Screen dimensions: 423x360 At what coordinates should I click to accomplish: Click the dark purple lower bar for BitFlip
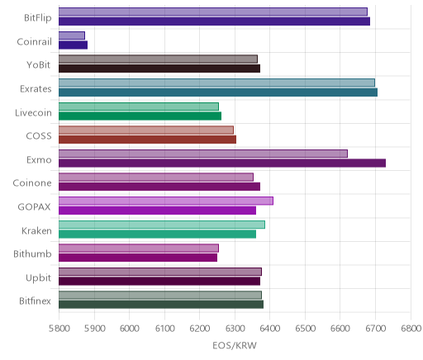(214, 21)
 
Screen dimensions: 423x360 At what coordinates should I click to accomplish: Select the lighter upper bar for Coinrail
(72, 36)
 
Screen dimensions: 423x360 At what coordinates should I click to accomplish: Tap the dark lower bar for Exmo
(222, 163)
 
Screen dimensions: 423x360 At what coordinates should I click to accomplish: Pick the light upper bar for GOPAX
(166, 201)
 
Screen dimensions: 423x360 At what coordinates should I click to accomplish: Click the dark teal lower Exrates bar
(218, 92)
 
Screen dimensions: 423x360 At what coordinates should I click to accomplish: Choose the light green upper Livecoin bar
(139, 107)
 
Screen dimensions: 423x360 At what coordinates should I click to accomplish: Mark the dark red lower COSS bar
(147, 140)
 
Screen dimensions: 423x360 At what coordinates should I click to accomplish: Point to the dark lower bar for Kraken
(157, 234)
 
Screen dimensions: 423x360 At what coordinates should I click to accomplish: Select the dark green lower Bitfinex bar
(161, 305)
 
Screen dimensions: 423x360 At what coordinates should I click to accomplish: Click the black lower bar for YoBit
(159, 69)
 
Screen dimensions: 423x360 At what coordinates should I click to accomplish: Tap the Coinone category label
(32, 183)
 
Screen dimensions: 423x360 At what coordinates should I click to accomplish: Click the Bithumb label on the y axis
(32, 253)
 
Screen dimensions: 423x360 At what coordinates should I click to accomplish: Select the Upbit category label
(38, 278)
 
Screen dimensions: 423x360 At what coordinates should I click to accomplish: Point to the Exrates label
(36, 89)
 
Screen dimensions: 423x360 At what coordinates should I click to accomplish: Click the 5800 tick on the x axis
(59, 329)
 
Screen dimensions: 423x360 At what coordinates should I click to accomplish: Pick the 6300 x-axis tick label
(235, 329)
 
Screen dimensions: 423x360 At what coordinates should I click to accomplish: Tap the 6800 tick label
(411, 329)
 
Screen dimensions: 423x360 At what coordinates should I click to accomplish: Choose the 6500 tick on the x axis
(305, 329)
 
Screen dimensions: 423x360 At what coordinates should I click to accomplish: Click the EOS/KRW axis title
(235, 345)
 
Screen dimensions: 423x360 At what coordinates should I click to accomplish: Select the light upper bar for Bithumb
(139, 248)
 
